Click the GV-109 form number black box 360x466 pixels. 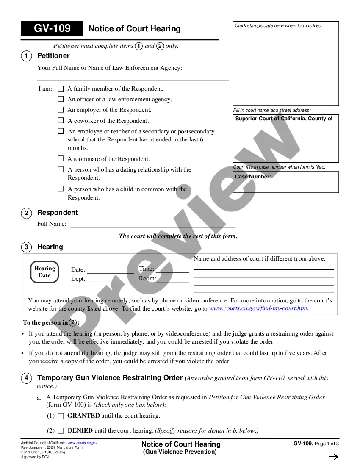point(52,29)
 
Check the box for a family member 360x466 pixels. point(61,89)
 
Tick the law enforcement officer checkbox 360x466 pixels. point(61,99)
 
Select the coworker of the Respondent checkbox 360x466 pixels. point(61,121)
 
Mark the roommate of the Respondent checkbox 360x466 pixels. point(61,159)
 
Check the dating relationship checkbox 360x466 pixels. point(61,169)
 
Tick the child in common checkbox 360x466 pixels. point(61,189)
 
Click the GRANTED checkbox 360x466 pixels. point(61,416)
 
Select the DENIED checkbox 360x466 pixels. point(61,430)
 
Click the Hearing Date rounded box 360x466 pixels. point(44,272)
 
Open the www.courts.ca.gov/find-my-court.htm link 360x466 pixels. point(258,308)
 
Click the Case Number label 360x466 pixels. point(253,177)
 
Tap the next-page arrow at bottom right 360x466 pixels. point(333,457)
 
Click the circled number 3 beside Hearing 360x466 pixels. point(26,247)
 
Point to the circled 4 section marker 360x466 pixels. point(26,378)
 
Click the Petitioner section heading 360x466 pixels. point(53,56)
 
